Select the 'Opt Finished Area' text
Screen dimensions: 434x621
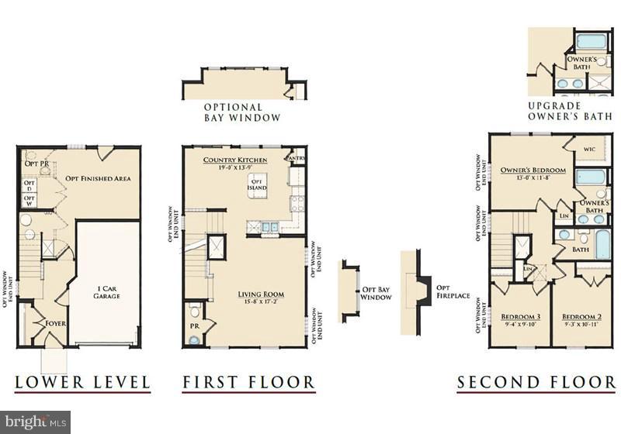[98, 178]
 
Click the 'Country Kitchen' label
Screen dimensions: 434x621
[235, 160]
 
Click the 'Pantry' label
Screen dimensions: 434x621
[296, 158]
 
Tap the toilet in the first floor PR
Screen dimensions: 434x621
[196, 312]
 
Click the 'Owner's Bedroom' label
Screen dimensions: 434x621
[533, 170]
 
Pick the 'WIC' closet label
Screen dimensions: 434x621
[591, 147]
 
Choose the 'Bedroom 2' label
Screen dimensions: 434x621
[581, 317]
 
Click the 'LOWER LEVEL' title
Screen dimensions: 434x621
[82, 382]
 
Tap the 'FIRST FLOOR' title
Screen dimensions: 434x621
[248, 382]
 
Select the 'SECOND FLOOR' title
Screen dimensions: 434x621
[536, 382]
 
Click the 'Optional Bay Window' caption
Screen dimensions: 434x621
[232, 112]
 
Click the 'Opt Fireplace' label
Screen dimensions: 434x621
[443, 291]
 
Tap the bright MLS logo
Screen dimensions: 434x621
[35, 422]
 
